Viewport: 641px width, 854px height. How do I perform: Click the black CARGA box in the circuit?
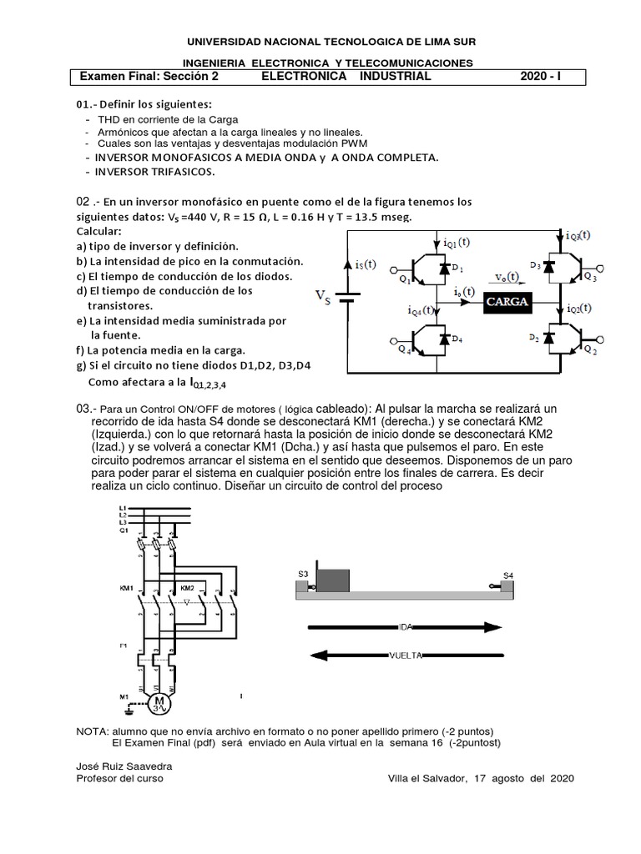pos(508,302)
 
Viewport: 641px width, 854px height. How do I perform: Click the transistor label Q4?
pos(404,350)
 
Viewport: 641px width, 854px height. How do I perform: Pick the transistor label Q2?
pos(589,349)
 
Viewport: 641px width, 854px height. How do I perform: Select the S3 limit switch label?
pos(302,574)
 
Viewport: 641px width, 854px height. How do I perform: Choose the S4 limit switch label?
pos(508,575)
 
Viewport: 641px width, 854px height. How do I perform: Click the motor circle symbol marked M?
pos(159,704)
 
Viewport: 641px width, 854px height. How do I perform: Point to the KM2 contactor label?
pos(188,589)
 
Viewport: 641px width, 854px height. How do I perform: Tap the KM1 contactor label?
pos(127,589)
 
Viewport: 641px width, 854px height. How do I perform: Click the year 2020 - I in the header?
pos(541,77)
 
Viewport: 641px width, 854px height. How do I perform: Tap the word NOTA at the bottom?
pos(91,731)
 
